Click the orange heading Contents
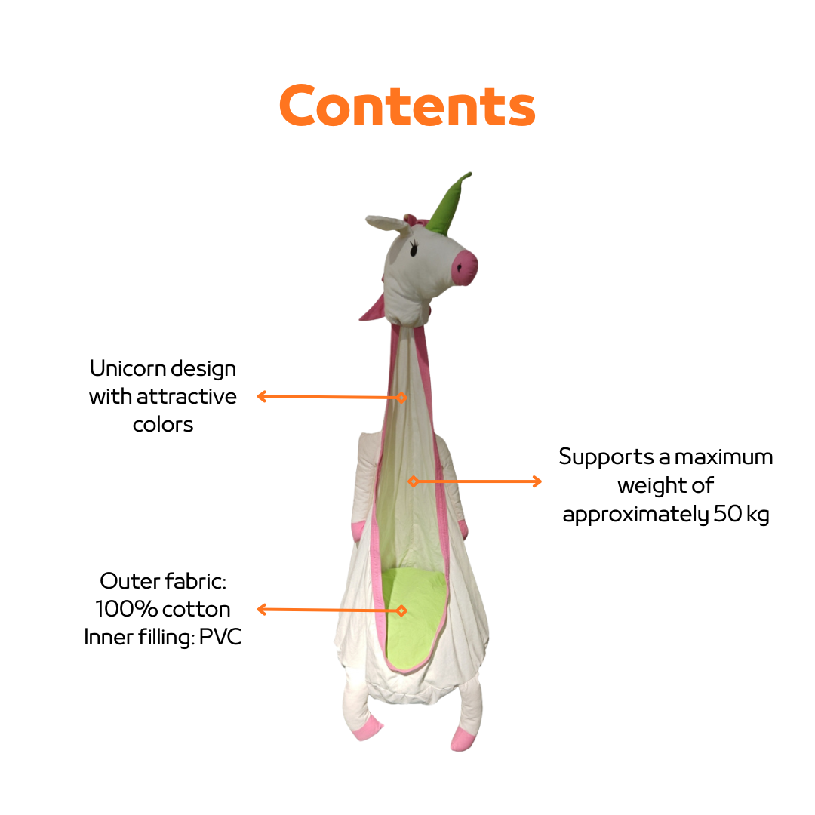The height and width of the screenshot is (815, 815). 407,107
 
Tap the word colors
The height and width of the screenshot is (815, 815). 163,424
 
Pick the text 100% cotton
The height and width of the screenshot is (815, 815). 163,609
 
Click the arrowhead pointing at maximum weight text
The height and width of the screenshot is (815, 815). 537,481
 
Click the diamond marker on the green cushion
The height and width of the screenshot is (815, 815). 401,610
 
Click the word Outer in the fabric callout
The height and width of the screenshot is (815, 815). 125,582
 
